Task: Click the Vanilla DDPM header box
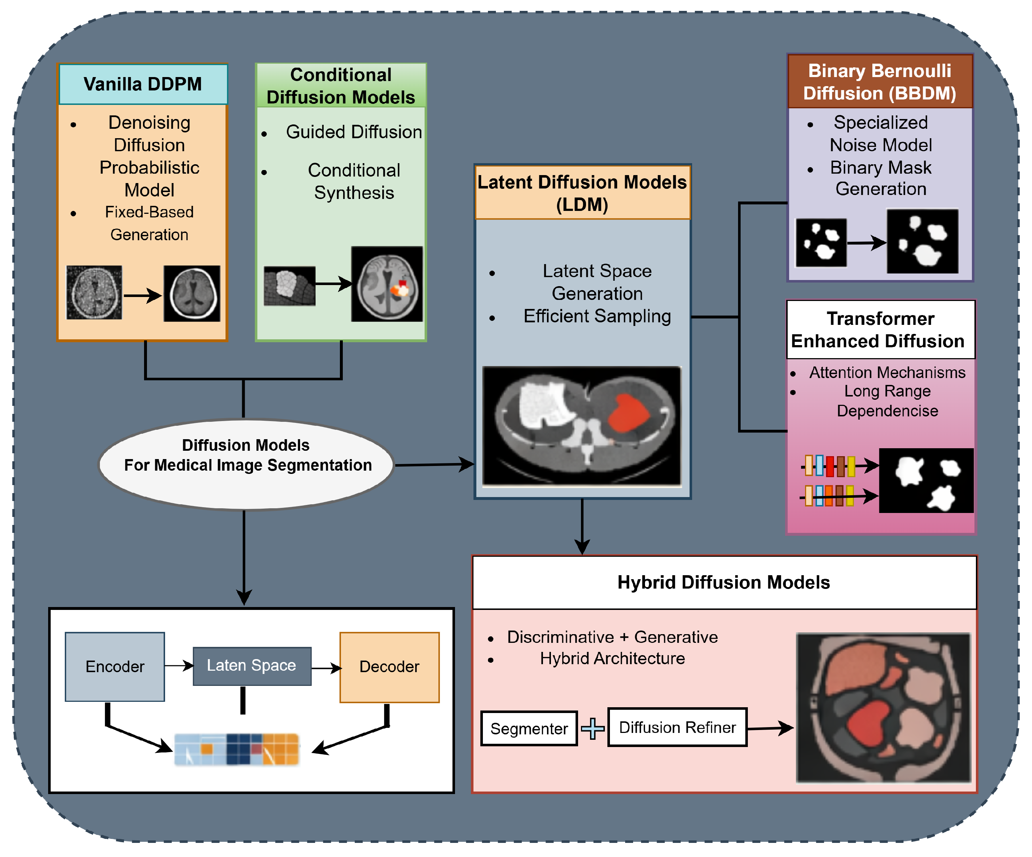click(143, 84)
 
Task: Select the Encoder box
click(114, 666)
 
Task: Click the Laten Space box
click(252, 666)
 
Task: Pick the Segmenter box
click(529, 728)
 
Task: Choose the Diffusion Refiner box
click(677, 727)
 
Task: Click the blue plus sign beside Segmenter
click(593, 728)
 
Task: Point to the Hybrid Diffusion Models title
click(723, 582)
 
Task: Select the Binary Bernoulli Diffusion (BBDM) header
click(880, 81)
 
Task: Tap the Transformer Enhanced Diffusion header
click(880, 330)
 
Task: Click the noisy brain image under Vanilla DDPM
click(94, 293)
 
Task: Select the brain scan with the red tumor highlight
click(387, 284)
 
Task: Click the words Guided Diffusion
click(354, 132)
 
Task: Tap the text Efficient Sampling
click(597, 316)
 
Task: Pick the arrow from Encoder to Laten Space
click(179, 666)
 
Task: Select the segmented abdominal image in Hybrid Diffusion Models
click(883, 707)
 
